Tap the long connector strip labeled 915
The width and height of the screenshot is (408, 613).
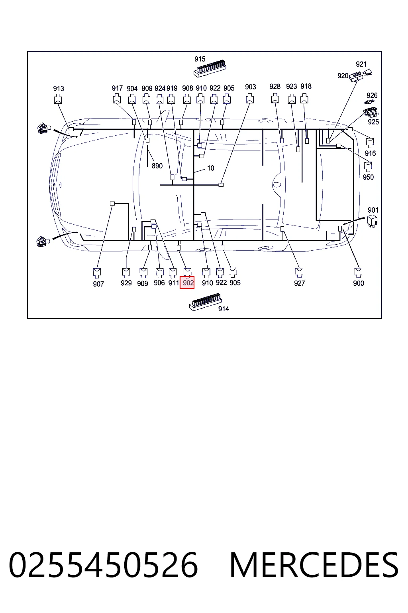(210, 70)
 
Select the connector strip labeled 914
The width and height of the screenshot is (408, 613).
(205, 302)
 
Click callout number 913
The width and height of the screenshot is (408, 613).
(59, 88)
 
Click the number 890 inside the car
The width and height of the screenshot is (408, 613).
(157, 166)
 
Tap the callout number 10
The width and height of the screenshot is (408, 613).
(211, 168)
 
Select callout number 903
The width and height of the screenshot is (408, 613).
(250, 87)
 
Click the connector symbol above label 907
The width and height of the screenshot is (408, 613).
(97, 273)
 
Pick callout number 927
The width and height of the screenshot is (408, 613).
(300, 283)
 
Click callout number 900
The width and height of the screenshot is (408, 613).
(359, 283)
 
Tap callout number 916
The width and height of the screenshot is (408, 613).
(370, 153)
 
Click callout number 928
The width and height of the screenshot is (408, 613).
(275, 87)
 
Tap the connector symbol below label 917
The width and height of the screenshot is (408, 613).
(117, 99)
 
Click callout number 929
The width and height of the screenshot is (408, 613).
(126, 283)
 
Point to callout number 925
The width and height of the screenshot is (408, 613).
(373, 122)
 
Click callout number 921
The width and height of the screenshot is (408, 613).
(361, 64)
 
